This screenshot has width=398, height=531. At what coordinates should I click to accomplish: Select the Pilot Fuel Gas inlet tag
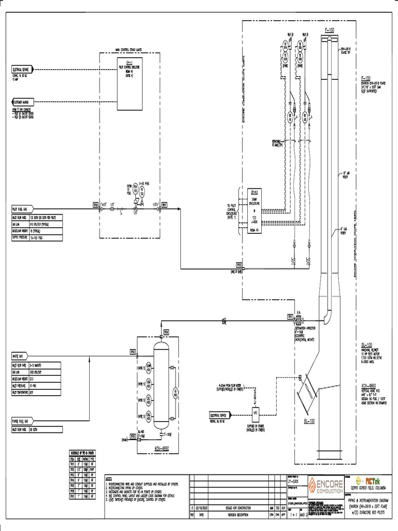[22, 209]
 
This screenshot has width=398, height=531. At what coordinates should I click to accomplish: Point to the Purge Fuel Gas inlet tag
[22, 422]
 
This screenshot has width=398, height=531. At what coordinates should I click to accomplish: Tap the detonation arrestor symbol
[298, 316]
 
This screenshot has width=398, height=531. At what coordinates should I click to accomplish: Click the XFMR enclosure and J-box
[254, 210]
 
